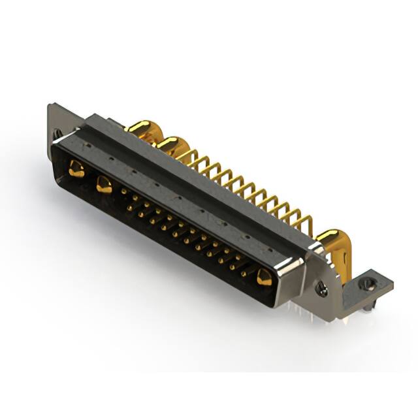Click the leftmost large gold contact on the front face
point(77,170)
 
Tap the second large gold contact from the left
point(104,185)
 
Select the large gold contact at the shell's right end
point(264,278)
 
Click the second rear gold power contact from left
point(172,144)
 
